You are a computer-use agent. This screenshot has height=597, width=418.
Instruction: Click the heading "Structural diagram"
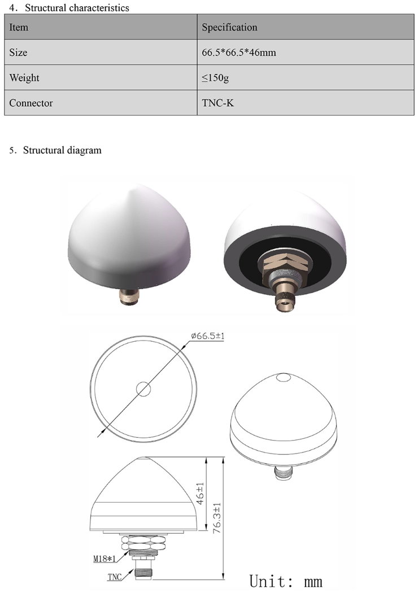coord(62,150)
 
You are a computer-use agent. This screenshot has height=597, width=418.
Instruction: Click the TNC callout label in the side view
coord(115,578)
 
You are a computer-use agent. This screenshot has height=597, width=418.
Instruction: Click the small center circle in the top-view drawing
coord(143,388)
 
